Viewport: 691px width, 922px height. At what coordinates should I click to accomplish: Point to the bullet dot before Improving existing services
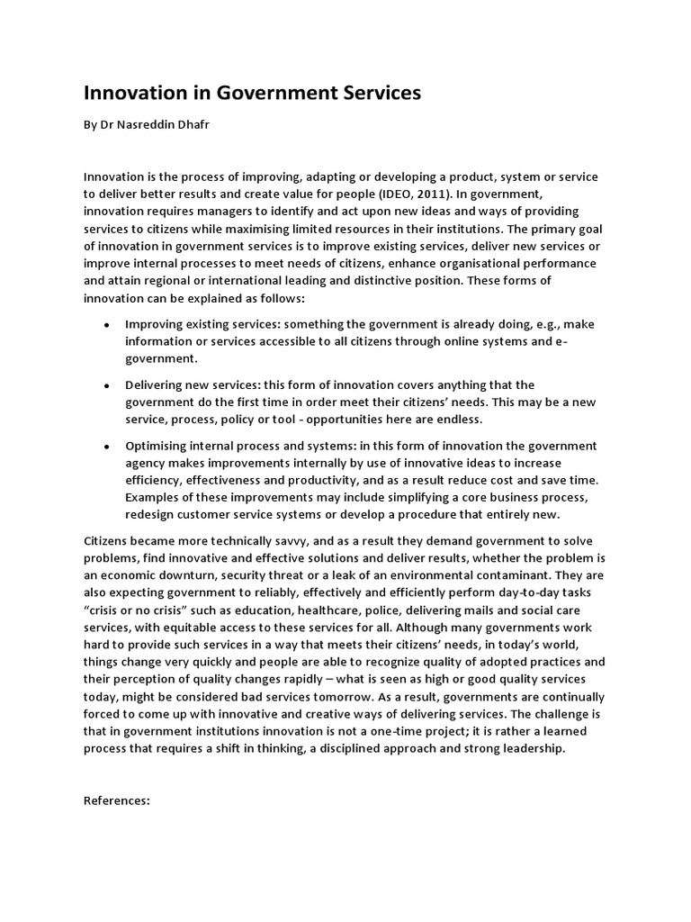(108, 324)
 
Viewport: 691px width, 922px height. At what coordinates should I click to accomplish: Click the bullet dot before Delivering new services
(108, 385)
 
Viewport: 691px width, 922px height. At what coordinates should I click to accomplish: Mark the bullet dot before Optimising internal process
(108, 447)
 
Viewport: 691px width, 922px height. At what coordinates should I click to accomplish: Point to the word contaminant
(499, 575)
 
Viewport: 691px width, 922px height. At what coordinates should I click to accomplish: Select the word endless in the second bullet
(456, 420)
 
